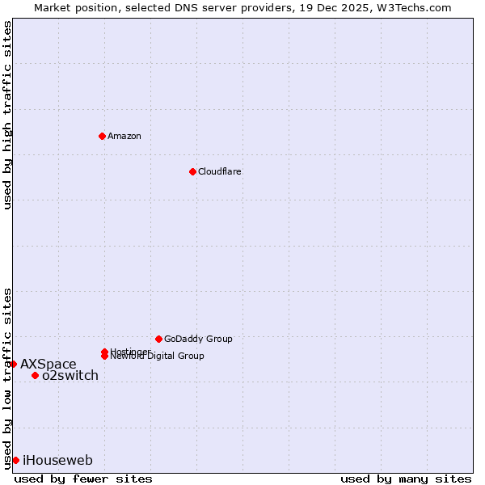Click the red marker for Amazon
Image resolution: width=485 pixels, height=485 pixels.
click(x=102, y=136)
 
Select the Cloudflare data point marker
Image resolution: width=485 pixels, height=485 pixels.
click(x=192, y=171)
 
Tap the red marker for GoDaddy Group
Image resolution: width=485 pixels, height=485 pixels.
click(x=158, y=339)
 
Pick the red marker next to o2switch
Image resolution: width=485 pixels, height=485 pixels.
click(x=35, y=375)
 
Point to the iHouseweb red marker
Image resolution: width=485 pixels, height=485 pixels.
click(x=15, y=460)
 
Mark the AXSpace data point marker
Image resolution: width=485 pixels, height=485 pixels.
click(x=13, y=364)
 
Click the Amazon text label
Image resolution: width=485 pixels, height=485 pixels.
click(x=124, y=136)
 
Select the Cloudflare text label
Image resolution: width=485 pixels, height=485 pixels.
click(x=219, y=171)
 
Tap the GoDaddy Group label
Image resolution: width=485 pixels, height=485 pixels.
click(x=198, y=339)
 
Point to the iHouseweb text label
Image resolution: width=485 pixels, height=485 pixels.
click(x=57, y=460)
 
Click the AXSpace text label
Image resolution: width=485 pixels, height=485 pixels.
click(x=48, y=364)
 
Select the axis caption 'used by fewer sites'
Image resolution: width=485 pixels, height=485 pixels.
click(x=83, y=479)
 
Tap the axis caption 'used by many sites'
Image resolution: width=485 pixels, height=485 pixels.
click(x=406, y=479)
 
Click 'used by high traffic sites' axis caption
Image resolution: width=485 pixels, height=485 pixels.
click(x=8, y=115)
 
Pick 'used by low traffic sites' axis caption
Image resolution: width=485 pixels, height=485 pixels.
click(x=8, y=377)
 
